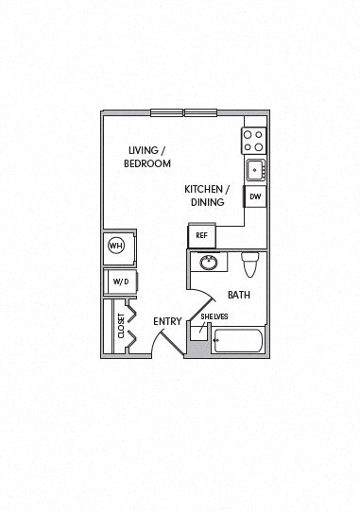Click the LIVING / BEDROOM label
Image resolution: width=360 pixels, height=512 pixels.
click(147, 156)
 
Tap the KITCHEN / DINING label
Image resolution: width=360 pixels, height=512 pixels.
click(205, 195)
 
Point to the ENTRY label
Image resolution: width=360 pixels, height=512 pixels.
click(167, 321)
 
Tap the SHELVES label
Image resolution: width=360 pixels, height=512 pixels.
click(213, 316)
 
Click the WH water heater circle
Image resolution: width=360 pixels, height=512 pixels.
click(117, 246)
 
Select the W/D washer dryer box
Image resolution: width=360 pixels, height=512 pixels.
click(120, 282)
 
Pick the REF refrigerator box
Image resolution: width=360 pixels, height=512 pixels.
click(201, 236)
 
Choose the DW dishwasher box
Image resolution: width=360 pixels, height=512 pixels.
click(254, 197)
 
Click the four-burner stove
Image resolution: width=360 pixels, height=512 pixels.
click(253, 142)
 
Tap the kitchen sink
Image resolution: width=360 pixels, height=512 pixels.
click(254, 171)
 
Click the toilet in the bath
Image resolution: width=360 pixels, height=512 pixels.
click(250, 265)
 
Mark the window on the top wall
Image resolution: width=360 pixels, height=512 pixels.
click(183, 112)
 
